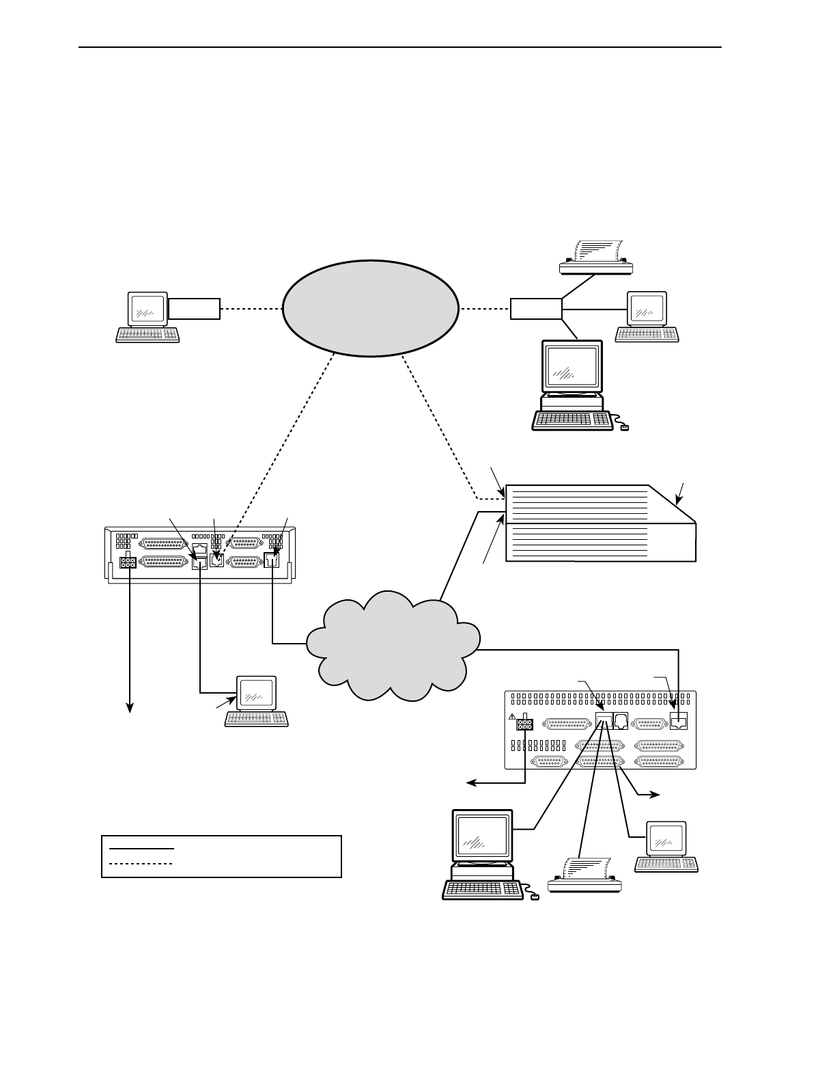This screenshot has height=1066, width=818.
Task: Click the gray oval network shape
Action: point(369,307)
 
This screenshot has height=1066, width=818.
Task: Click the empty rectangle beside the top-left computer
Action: point(195,309)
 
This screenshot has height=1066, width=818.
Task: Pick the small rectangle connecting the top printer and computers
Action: point(535,309)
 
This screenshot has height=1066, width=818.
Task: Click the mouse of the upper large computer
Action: point(624,428)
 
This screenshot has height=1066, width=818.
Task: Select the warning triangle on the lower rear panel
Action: point(513,717)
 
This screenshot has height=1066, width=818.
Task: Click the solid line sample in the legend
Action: point(141,848)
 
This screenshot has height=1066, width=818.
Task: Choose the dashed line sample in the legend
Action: point(141,864)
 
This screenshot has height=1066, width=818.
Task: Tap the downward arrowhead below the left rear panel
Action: point(128,709)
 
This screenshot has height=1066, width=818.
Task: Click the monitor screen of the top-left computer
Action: point(148,309)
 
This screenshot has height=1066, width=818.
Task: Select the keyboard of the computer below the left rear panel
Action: point(257,719)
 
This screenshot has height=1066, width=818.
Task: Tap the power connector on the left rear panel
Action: point(128,562)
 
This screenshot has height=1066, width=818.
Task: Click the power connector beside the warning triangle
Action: point(525,724)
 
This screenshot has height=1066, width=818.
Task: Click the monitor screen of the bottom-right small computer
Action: point(666,838)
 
